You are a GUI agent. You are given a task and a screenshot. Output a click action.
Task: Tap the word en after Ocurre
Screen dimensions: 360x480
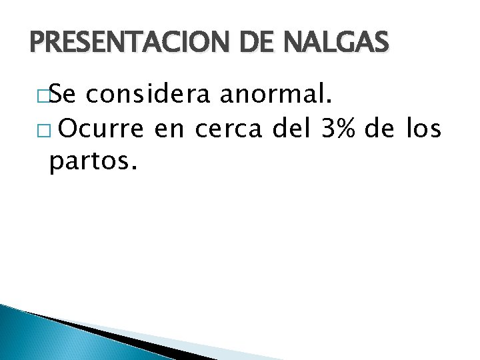[171, 131]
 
